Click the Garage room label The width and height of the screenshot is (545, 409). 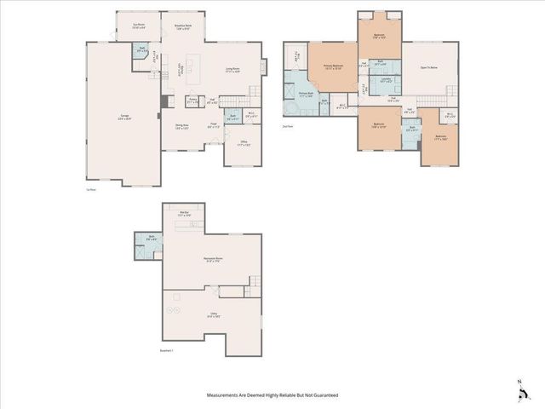[124, 118]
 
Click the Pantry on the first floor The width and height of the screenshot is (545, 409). [192, 102]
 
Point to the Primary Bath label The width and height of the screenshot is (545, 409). [307, 95]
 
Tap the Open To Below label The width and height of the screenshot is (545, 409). [428, 67]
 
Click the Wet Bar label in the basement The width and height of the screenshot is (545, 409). [183, 214]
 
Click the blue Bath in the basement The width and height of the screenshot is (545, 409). [150, 250]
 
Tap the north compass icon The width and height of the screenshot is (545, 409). [519, 393]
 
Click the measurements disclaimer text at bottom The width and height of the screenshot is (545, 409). [272, 395]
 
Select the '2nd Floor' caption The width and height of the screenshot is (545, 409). [288, 127]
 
